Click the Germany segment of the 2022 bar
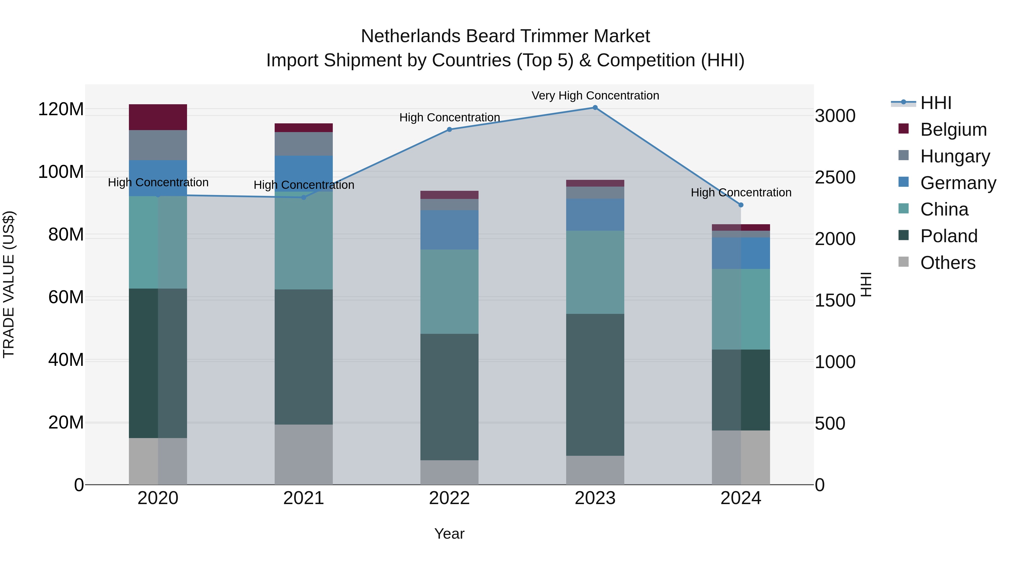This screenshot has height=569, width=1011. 449,230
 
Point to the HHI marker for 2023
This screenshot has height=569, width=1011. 595,108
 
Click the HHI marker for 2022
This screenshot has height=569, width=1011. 449,129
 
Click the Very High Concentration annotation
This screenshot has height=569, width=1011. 595,96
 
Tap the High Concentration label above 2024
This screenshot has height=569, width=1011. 741,192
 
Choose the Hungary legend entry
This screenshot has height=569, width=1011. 955,156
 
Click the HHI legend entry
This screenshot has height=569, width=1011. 936,103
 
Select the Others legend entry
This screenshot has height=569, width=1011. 948,263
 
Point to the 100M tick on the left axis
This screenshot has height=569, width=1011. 61,172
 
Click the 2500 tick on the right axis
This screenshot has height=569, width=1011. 835,178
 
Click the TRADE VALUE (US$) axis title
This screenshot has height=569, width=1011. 9,284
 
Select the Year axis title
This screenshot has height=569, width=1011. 449,534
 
